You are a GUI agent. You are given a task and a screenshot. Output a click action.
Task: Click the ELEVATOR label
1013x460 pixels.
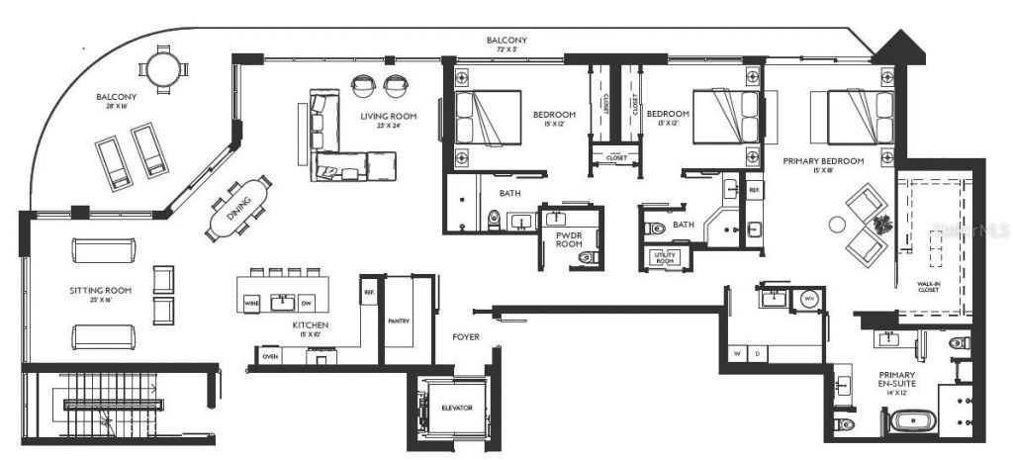pyautogui.click(x=457, y=408)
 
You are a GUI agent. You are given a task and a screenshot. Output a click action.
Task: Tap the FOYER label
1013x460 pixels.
pyautogui.click(x=465, y=337)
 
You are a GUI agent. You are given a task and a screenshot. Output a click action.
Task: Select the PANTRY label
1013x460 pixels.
pyautogui.click(x=399, y=321)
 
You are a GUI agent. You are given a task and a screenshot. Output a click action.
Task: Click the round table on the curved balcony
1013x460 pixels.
pyautogui.click(x=163, y=69)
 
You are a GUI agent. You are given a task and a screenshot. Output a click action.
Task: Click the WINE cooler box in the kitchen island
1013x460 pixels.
pyautogui.click(x=254, y=304)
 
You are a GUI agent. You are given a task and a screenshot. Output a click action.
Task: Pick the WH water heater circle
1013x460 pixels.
pyautogui.click(x=809, y=297)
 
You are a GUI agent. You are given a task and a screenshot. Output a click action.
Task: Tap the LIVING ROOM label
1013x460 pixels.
pyautogui.click(x=388, y=117)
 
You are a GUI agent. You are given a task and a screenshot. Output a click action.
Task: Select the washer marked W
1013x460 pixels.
pyautogui.click(x=737, y=353)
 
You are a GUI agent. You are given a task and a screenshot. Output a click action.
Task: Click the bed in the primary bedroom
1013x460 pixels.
pyautogui.click(x=843, y=116)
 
